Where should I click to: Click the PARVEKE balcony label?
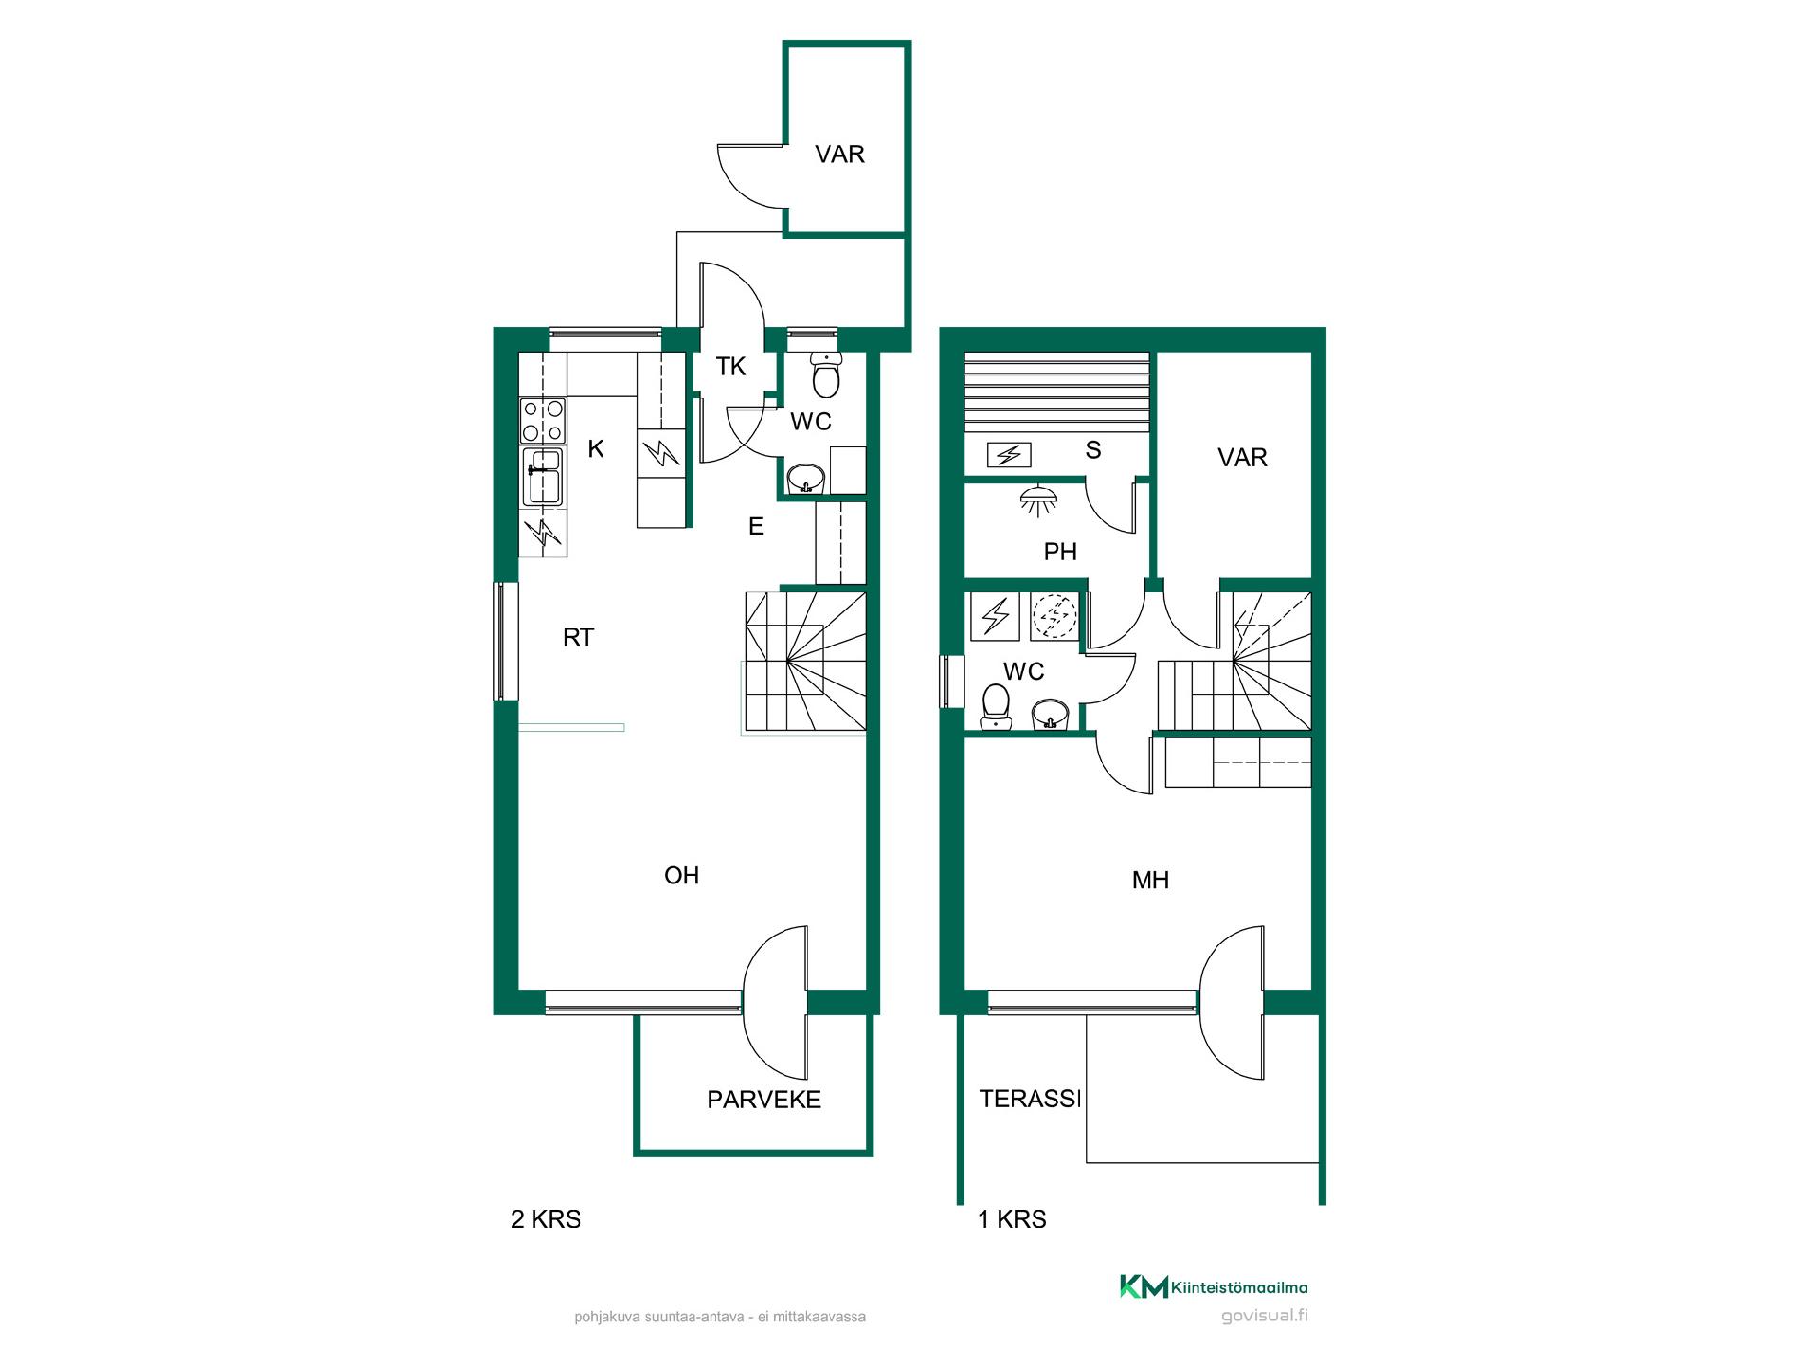point(764,1100)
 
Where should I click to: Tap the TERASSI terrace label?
point(1030,1099)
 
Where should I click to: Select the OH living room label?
point(682,875)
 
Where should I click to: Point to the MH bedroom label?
point(1150,881)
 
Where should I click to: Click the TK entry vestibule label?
point(730,366)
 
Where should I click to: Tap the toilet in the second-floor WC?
point(826,375)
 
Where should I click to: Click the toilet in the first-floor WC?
point(996,707)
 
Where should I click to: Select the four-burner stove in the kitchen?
point(543,421)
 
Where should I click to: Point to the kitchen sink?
point(543,477)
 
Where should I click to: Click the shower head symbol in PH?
point(1039,499)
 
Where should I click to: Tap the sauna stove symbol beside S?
point(1009,455)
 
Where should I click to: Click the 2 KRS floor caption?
point(546,1219)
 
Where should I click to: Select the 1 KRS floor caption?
point(1012,1219)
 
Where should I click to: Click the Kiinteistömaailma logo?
point(1214,1286)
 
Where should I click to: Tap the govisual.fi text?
point(1265,1316)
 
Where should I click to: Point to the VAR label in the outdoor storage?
point(839,155)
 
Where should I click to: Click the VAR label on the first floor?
point(1242,458)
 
